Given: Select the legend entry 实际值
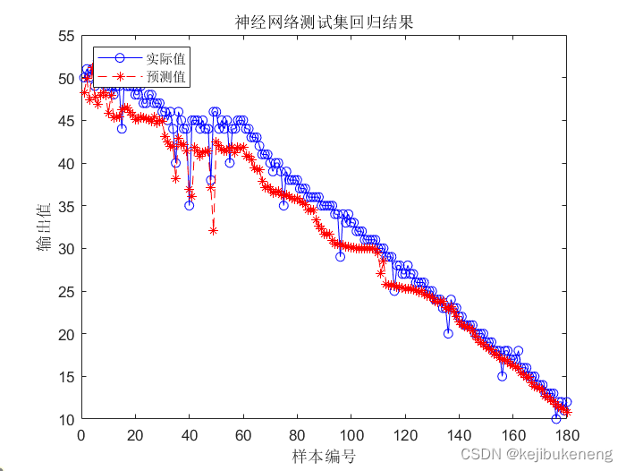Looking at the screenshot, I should point(165,59).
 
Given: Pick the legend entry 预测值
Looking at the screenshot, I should point(165,78).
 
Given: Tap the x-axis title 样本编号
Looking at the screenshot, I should point(324,457).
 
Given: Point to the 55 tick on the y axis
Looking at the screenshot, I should point(66,37).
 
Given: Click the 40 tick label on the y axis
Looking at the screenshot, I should point(66,164).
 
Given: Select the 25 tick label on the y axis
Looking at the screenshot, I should point(66,292).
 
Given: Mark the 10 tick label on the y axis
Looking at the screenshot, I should point(66,419).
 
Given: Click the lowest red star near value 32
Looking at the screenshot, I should point(213,231).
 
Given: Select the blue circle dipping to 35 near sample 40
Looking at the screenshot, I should point(189,206).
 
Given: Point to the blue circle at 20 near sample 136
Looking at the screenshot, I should point(448,333).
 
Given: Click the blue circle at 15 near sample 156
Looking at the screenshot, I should point(503,376).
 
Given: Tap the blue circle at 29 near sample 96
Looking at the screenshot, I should point(340,257).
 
